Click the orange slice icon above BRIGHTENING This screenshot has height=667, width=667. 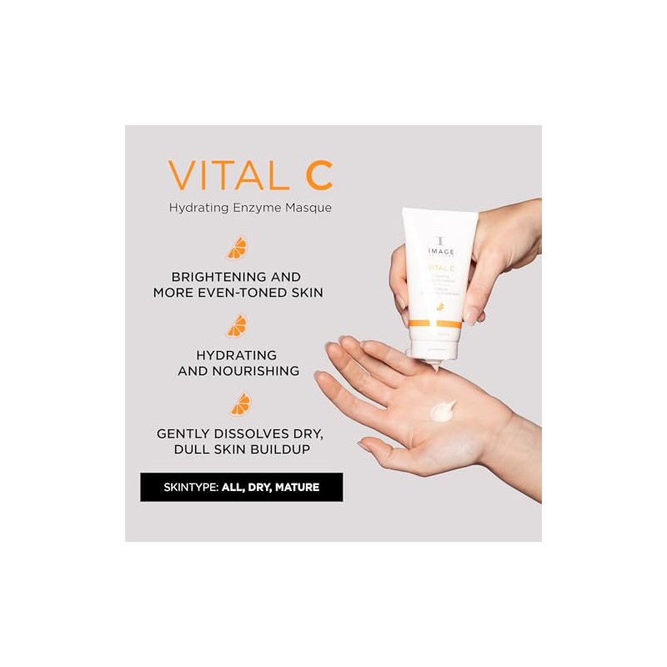point(238,248)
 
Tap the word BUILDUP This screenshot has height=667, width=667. point(281,449)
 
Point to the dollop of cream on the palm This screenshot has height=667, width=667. point(440,410)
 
